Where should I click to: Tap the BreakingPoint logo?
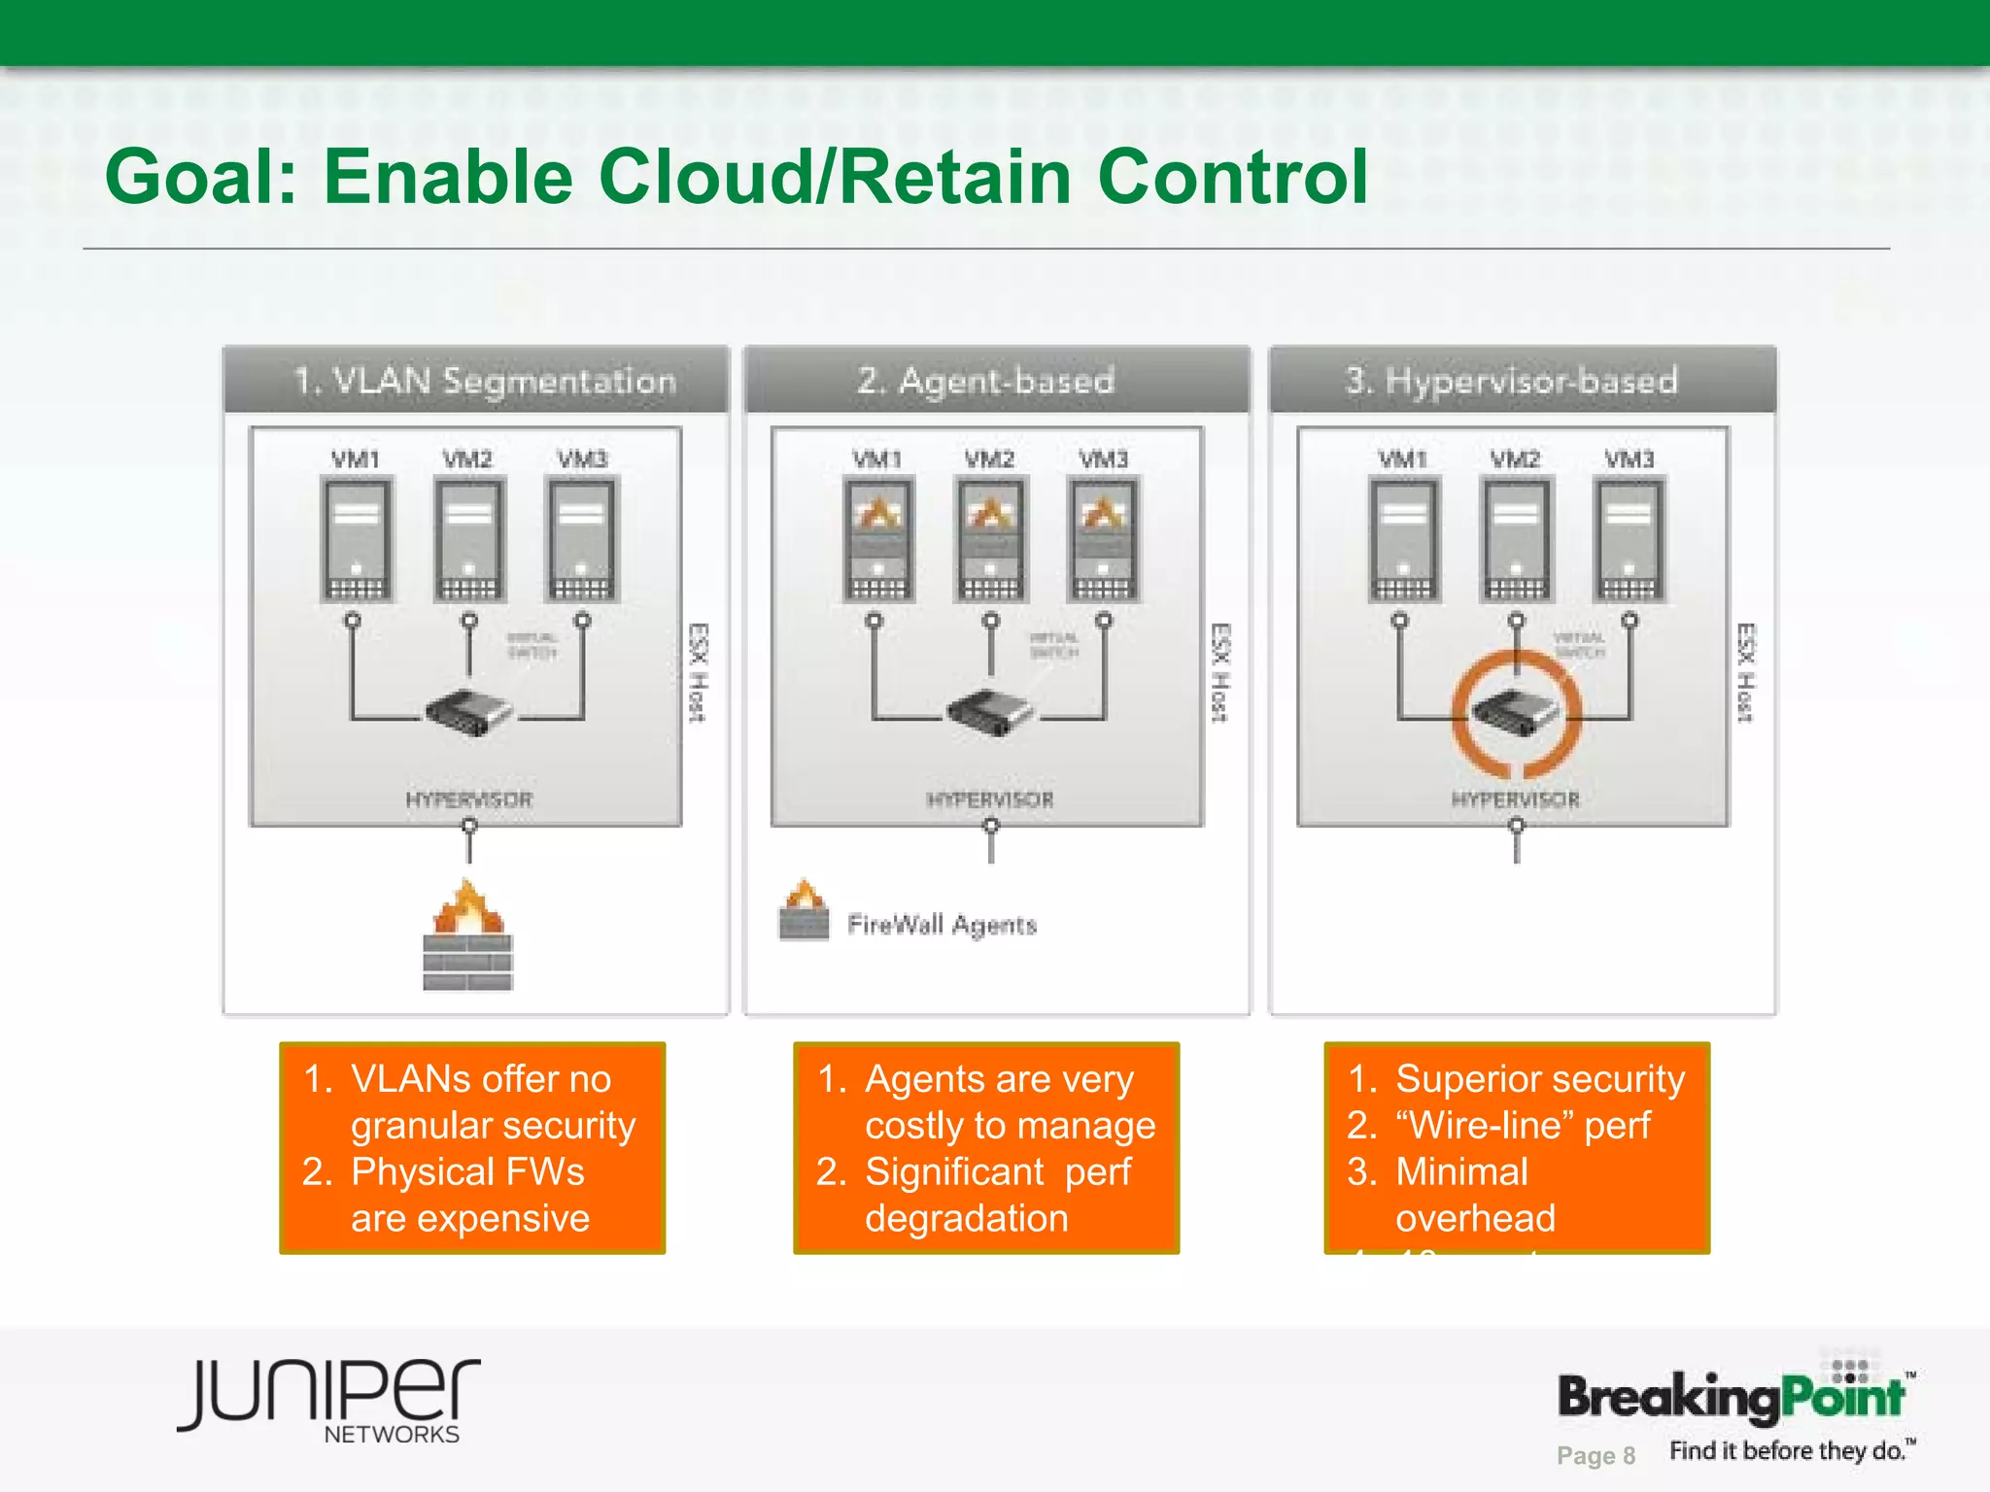(1732, 1397)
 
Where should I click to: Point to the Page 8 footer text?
(1595, 1455)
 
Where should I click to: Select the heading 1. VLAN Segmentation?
(484, 380)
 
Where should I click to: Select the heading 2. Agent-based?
(985, 380)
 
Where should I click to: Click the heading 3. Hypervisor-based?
(1511, 380)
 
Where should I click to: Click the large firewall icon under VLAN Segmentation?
(467, 936)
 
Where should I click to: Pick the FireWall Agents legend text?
(942, 924)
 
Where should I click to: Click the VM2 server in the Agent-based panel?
(990, 540)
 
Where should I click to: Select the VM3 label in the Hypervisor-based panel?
(1629, 458)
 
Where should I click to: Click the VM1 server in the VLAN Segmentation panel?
(357, 540)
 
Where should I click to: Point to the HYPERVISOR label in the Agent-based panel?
(990, 799)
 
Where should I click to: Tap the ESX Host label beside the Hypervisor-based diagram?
(1745, 672)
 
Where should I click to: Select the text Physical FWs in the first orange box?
(467, 1171)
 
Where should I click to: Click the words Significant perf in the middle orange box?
(998, 1171)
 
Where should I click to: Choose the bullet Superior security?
(1540, 1078)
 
